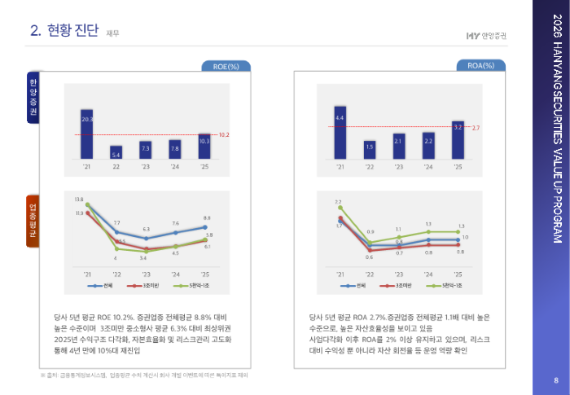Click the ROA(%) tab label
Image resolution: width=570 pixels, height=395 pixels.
[481, 66]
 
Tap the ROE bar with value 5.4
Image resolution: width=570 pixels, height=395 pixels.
[116, 151]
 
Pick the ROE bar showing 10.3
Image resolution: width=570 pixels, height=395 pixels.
[204, 146]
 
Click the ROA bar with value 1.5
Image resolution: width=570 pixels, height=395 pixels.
[370, 150]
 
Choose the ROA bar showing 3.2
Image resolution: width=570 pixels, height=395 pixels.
[458, 139]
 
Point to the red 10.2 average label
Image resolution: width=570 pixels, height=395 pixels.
[225, 134]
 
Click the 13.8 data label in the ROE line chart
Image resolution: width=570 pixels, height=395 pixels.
[79, 199]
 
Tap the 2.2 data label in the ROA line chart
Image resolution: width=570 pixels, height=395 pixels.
[338, 201]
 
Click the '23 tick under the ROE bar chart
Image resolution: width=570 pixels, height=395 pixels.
[146, 167]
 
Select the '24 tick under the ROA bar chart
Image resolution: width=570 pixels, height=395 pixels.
[428, 167]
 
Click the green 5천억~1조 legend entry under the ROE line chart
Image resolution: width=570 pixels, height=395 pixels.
[192, 286]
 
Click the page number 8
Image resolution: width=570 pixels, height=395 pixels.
[555, 380]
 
